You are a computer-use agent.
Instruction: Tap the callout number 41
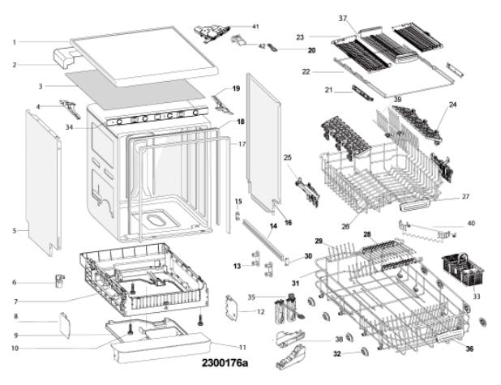click(255, 27)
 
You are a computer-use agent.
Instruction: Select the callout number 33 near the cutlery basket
click(475, 297)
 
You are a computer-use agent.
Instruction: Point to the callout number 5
click(15, 231)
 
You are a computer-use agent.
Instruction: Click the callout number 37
click(342, 19)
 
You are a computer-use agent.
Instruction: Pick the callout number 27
click(465, 197)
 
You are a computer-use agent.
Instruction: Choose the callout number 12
click(260, 312)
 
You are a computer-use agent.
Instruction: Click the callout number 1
click(15, 42)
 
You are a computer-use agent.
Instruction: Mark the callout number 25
click(287, 156)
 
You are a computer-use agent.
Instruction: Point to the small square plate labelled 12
click(236, 310)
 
